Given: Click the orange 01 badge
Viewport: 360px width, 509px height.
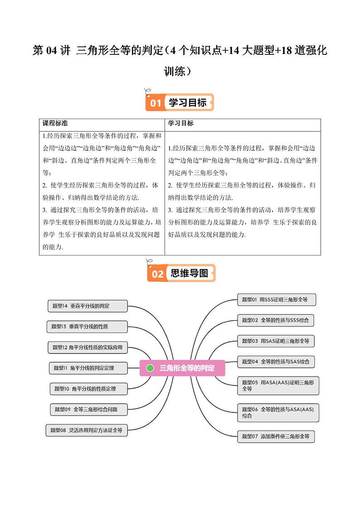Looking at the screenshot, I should tap(156, 103).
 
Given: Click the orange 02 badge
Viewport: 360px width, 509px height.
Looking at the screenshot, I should tap(157, 274).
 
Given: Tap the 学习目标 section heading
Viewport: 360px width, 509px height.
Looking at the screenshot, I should tap(187, 103).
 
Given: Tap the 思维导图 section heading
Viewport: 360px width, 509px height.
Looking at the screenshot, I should tap(189, 273).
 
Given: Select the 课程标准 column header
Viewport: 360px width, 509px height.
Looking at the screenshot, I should tap(55, 123).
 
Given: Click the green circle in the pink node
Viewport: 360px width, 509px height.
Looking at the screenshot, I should tap(151, 368).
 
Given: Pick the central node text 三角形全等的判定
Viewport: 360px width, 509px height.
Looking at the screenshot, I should tap(187, 368).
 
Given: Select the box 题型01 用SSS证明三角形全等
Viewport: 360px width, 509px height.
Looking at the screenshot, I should tap(276, 299).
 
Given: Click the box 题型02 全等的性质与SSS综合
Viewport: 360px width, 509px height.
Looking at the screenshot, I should tap(276, 320).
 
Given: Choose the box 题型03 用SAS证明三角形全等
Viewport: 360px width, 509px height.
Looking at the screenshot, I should tap(276, 341).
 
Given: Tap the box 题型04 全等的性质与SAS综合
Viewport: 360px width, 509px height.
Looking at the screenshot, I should tap(276, 362).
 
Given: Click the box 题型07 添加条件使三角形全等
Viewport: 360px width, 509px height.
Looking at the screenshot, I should tap(276, 436).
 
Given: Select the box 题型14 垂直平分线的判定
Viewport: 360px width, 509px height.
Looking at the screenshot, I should tap(88, 306).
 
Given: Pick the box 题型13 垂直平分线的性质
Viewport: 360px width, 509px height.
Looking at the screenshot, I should tap(87, 326).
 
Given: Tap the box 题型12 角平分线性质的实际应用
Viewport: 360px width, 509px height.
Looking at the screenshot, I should tap(88, 347).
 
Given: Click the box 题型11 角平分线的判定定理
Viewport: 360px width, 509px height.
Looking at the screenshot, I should tap(88, 368).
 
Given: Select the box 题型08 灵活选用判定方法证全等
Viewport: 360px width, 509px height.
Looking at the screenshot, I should tap(87, 430).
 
